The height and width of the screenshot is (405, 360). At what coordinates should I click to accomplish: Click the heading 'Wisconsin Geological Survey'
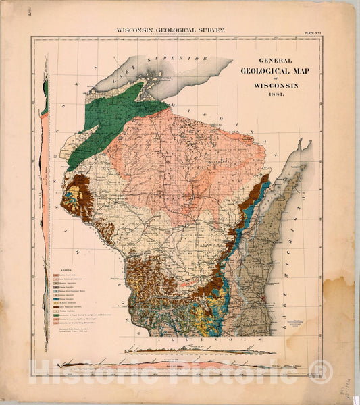tap(171, 30)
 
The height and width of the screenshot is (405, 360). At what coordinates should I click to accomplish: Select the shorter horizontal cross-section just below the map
tap(200, 350)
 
